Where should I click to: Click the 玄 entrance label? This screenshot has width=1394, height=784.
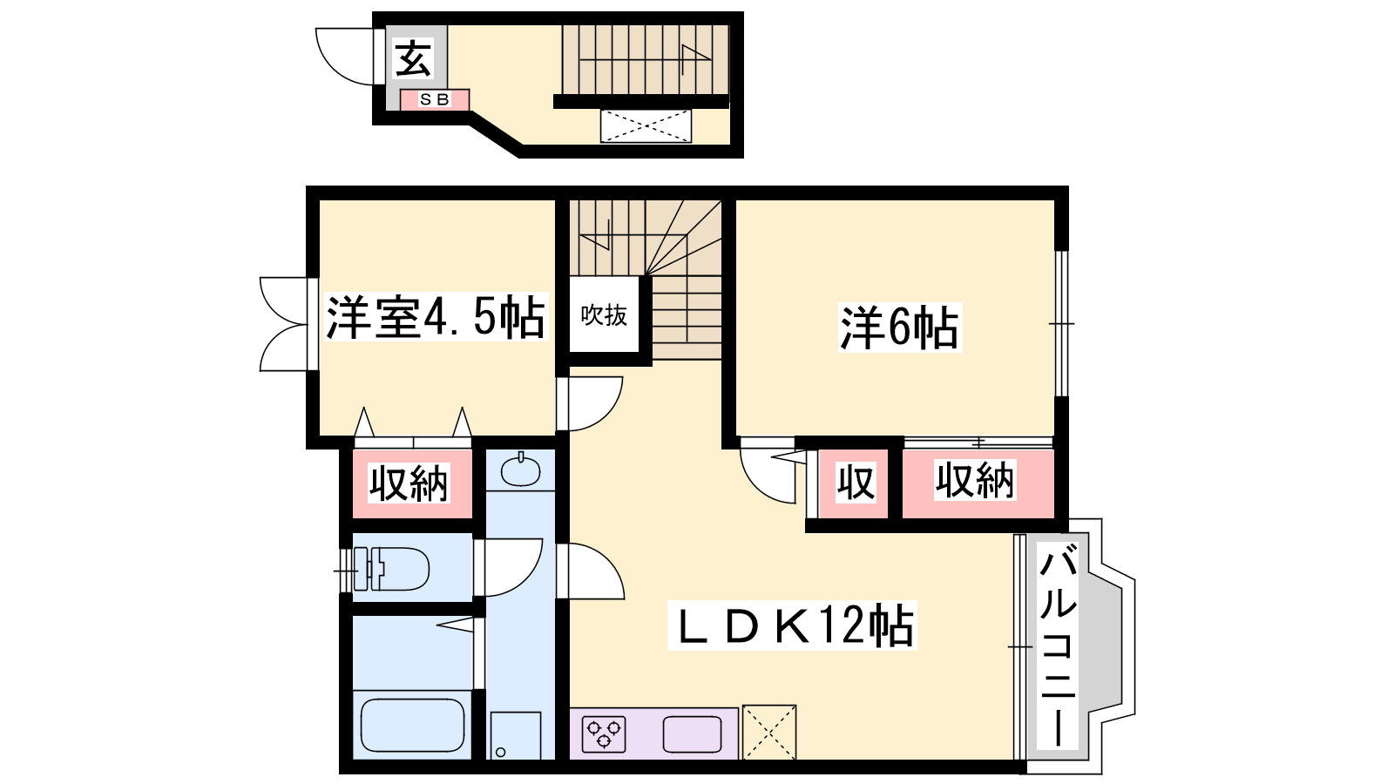[413, 58]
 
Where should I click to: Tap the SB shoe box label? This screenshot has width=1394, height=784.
[435, 99]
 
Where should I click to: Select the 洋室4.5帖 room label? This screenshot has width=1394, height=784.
[436, 317]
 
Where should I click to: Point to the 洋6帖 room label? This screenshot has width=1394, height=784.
[899, 328]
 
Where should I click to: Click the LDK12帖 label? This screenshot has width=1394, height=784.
[792, 625]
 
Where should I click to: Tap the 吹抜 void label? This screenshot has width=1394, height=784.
[604, 315]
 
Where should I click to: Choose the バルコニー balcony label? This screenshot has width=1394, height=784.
[1058, 645]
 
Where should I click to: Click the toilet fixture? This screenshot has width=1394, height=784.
[391, 569]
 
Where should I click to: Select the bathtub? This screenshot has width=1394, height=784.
[413, 726]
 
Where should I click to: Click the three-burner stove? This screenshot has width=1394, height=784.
[604, 734]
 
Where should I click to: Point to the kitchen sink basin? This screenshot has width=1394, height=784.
[692, 734]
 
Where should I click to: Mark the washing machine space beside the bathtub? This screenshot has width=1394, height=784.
[515, 735]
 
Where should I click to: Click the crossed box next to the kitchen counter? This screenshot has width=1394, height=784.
[769, 732]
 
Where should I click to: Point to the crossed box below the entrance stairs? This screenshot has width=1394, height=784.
[646, 126]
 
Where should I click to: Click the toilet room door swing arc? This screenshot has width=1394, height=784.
[524, 576]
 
